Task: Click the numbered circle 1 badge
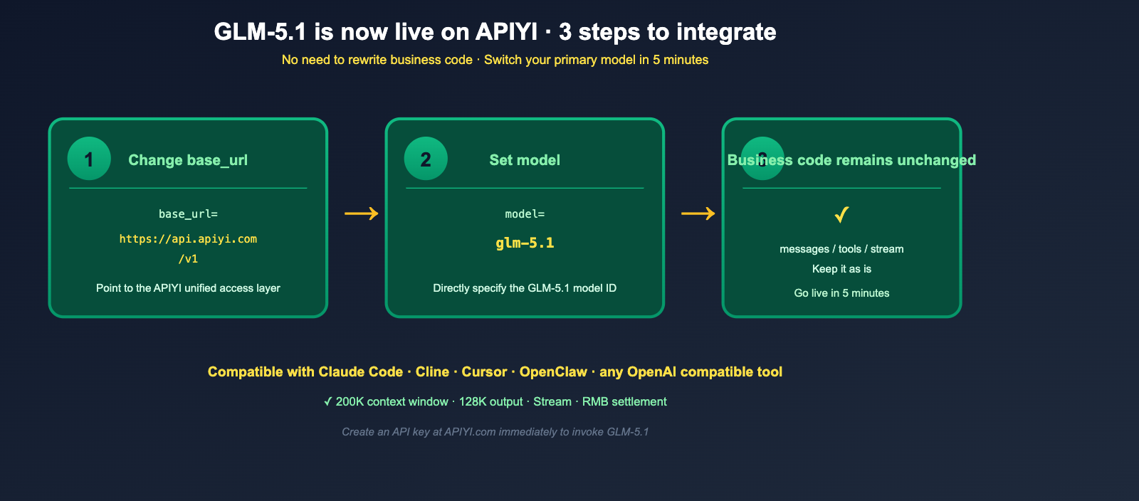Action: click(x=89, y=159)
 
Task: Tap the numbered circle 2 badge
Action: click(x=426, y=159)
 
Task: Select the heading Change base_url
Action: click(x=188, y=160)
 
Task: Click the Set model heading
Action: click(x=525, y=160)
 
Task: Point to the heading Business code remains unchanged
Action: click(x=851, y=160)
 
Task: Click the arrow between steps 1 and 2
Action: click(x=362, y=213)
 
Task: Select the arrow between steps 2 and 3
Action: click(x=698, y=213)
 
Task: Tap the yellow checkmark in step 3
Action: click(x=841, y=213)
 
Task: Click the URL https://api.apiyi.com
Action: click(x=188, y=239)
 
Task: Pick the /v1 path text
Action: click(x=188, y=259)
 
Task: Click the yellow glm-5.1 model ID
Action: click(x=525, y=243)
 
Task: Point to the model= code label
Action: click(x=525, y=214)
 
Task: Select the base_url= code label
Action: click(x=188, y=214)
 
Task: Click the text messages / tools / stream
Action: click(x=841, y=249)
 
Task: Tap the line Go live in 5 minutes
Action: click(x=841, y=293)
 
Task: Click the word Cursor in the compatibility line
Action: click(x=484, y=372)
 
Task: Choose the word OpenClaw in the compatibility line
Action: click(x=553, y=372)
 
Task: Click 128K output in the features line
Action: click(x=490, y=402)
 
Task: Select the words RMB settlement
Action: click(x=624, y=402)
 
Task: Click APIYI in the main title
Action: click(x=506, y=32)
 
